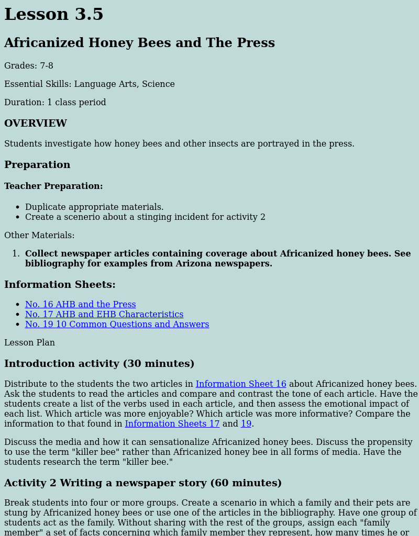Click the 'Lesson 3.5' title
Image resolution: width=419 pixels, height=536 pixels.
pyautogui.click(x=54, y=15)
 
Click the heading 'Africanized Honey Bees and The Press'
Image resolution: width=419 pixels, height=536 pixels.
pyautogui.click(x=139, y=43)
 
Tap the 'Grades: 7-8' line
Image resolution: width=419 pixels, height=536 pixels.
pyautogui.click(x=29, y=66)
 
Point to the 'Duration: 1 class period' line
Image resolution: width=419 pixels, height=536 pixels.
pyautogui.click(x=55, y=103)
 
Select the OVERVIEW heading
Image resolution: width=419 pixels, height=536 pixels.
pyautogui.click(x=36, y=124)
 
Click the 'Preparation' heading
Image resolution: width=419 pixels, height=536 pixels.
pyautogui.click(x=37, y=165)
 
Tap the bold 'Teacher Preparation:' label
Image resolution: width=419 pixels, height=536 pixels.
pyautogui.click(x=53, y=186)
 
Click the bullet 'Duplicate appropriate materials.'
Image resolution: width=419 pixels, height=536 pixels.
pyautogui.click(x=94, y=207)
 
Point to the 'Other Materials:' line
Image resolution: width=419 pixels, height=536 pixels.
pyautogui.click(x=39, y=236)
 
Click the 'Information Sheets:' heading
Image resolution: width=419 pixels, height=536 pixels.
pyautogui.click(x=60, y=285)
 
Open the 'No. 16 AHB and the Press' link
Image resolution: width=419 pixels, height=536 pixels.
pyautogui.click(x=80, y=305)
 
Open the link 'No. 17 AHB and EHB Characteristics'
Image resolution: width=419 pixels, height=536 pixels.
pyautogui.click(x=104, y=315)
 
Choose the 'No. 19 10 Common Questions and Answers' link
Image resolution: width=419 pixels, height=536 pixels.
pyautogui.click(x=117, y=325)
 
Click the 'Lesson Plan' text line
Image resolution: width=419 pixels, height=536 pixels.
pyautogui.click(x=29, y=343)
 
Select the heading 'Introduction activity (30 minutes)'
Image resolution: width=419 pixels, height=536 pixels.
pyautogui.click(x=99, y=364)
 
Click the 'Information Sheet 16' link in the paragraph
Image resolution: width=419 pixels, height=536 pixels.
pyautogui.click(x=241, y=384)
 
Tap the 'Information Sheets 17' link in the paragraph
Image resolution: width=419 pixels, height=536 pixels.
pyautogui.click(x=172, y=424)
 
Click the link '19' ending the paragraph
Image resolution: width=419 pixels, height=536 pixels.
pyautogui.click(x=246, y=424)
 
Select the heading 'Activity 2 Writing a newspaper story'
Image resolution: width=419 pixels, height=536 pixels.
pyautogui.click(x=143, y=483)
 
